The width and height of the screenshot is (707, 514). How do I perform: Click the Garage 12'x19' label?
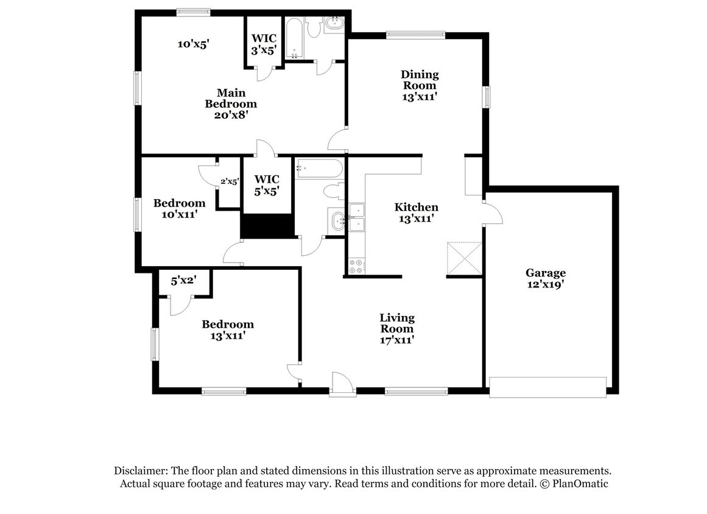coord(546,278)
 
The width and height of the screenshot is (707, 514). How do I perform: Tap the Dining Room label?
coord(420,85)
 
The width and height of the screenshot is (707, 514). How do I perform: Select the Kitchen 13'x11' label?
coord(416,213)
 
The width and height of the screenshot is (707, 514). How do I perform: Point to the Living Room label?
coord(397,329)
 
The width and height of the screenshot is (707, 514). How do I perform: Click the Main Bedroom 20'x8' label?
coord(231,103)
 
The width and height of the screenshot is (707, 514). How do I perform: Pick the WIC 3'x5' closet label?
coord(264,44)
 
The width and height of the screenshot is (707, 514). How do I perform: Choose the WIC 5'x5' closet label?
coord(267,185)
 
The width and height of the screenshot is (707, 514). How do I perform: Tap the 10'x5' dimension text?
coord(194,44)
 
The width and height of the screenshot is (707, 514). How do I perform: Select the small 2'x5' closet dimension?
coord(230,181)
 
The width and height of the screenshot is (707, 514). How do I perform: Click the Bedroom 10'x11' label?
coord(179,208)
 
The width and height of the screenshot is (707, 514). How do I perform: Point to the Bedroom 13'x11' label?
coord(228,329)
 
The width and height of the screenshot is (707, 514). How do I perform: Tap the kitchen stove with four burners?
coord(356,266)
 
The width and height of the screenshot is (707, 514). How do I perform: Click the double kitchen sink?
coord(356,218)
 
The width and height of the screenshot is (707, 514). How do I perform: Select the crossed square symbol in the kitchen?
coord(465,258)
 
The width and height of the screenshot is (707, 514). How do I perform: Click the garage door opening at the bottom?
coord(548,387)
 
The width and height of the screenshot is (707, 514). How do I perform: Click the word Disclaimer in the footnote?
coord(139,471)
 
